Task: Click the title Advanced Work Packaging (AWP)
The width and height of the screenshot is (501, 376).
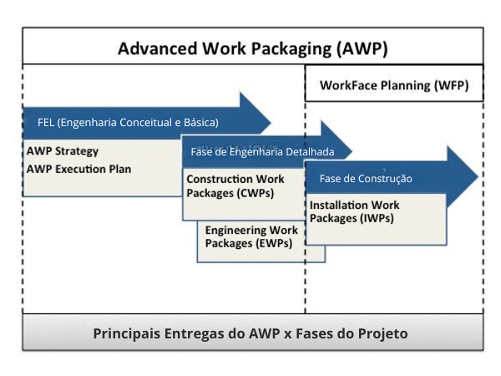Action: pyautogui.click(x=252, y=48)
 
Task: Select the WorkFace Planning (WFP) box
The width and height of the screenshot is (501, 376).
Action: pyautogui.click(x=393, y=84)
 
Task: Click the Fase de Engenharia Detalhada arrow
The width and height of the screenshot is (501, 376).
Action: pyautogui.click(x=262, y=152)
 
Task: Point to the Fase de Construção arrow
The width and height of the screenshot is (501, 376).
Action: pyautogui.click(x=366, y=178)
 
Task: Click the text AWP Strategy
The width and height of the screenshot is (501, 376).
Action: pyautogui.click(x=63, y=151)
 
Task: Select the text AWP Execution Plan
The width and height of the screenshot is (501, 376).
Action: pyautogui.click(x=78, y=168)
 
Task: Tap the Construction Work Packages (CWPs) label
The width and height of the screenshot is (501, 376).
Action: pyautogui.click(x=235, y=186)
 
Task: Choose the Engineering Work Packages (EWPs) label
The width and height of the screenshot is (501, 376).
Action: pyautogui.click(x=251, y=236)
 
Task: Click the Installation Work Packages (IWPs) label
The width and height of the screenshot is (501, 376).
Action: pyautogui.click(x=354, y=211)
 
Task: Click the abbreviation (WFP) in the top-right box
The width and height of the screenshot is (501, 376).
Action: pyautogui.click(x=450, y=85)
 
